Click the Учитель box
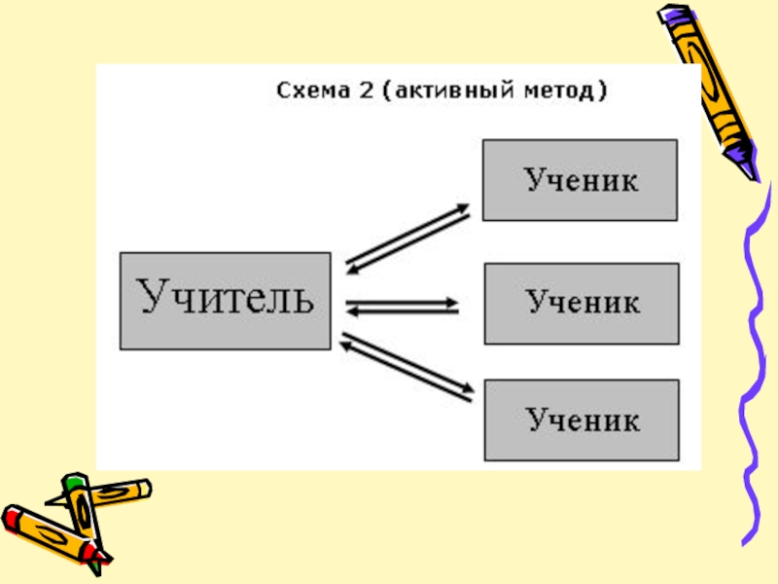pos(225,301)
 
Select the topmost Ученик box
pos(581,180)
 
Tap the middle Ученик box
pos(581,303)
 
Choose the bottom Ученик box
pos(581,420)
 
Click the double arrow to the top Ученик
pos(407,237)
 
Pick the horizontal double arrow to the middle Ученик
pos(402,307)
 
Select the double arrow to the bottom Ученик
pos(407,368)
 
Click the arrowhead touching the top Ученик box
pos(463,208)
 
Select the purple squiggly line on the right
pos(753,370)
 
